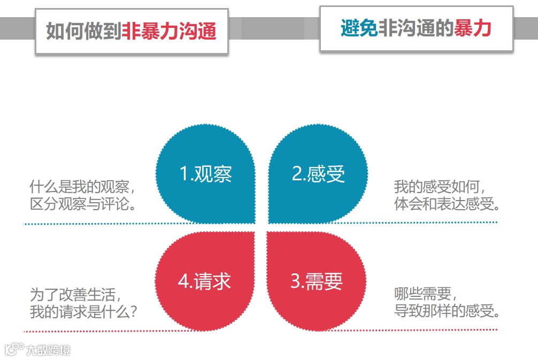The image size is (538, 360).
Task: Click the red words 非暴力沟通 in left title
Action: [x=169, y=31]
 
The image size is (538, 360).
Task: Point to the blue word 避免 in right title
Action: [x=359, y=28]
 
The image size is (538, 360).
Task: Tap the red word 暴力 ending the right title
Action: [x=472, y=28]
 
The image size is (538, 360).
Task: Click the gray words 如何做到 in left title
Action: [x=83, y=31]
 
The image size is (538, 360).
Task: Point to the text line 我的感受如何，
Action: [x=440, y=187]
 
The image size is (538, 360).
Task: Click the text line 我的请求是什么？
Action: [x=83, y=311]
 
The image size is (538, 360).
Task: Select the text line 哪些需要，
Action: [x=426, y=294]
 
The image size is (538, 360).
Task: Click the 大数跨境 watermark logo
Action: [x=37, y=350]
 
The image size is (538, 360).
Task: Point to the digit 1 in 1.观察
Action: [x=183, y=174]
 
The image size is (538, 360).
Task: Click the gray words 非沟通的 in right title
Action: [x=416, y=28]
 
